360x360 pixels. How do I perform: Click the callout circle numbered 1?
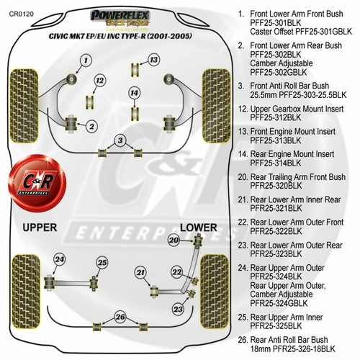tap(85, 60)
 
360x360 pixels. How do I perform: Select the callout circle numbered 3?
tap(121, 140)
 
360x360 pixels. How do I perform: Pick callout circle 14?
tap(134, 92)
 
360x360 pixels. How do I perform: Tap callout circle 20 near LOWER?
tap(173, 240)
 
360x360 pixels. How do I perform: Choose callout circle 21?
tap(141, 271)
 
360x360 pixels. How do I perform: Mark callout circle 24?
tap(60, 259)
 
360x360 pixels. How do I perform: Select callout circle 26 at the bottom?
tap(120, 317)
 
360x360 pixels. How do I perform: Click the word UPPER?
tap(45, 228)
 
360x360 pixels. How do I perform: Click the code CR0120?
tap(21, 12)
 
